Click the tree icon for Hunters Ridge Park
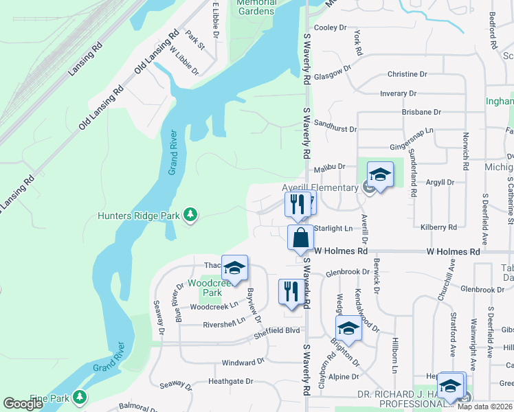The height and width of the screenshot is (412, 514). click(190, 216)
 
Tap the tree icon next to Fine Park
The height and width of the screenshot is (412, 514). click(80, 397)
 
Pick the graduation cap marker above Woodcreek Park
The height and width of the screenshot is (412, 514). click(234, 269)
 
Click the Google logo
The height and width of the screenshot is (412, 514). click(23, 404)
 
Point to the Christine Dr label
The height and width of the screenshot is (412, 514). click(407, 74)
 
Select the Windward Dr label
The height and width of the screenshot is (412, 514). click(243, 362)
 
